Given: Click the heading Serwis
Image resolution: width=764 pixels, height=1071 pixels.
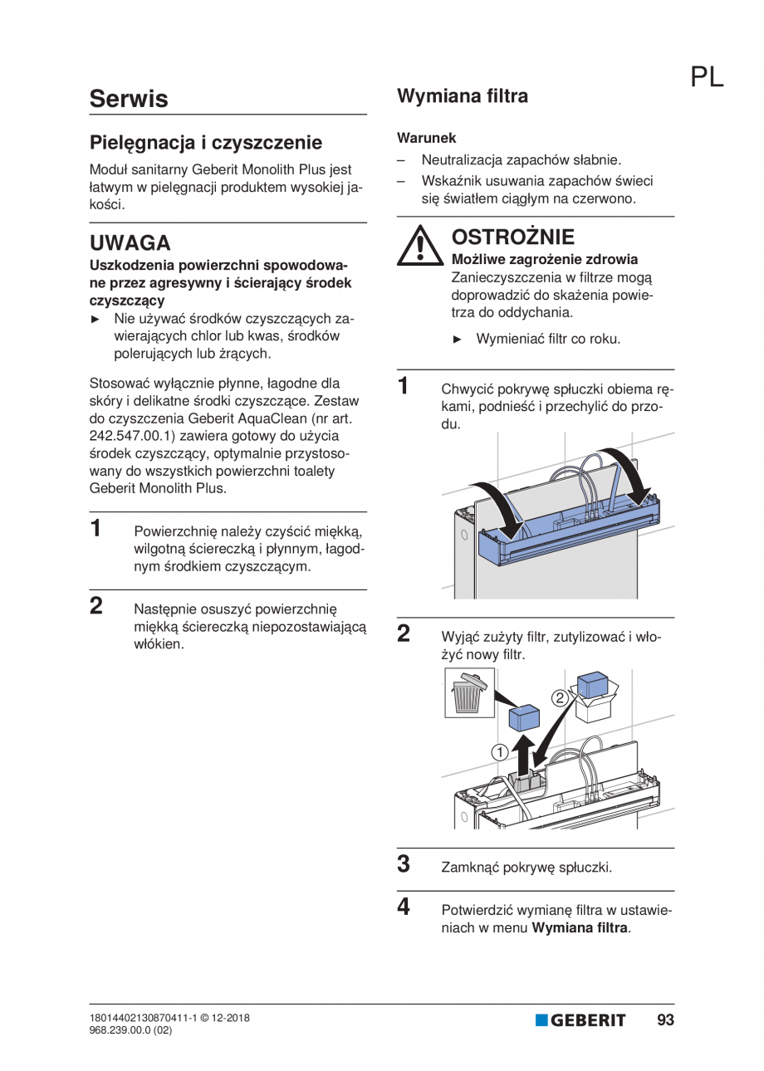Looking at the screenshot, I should click(129, 99).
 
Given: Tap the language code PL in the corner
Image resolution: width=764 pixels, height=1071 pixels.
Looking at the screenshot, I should click(706, 76).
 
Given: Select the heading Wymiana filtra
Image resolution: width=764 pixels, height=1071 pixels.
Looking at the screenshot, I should click(462, 96).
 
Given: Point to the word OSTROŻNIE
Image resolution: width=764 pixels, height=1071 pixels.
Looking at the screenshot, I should click(512, 237).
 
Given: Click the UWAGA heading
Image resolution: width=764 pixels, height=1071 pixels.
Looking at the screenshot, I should click(130, 243).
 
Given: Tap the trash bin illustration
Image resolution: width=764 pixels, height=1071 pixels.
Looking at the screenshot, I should click(469, 694).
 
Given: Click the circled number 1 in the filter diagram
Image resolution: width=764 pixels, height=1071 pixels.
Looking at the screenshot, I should click(499, 752).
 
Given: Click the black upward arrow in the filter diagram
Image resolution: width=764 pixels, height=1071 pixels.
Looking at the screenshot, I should click(522, 753).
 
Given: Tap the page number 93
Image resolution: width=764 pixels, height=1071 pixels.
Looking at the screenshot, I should click(665, 1020).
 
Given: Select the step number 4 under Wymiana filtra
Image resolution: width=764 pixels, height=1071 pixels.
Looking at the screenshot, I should click(404, 907).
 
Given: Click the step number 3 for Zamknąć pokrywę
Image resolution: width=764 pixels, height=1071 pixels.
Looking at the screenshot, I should click(404, 864).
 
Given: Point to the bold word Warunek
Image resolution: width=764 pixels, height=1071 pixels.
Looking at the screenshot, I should click(426, 138).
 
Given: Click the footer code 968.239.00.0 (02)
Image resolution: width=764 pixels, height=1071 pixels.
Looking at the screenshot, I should click(130, 1030).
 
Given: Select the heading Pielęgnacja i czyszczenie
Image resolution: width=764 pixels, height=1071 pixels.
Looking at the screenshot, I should click(205, 142).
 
